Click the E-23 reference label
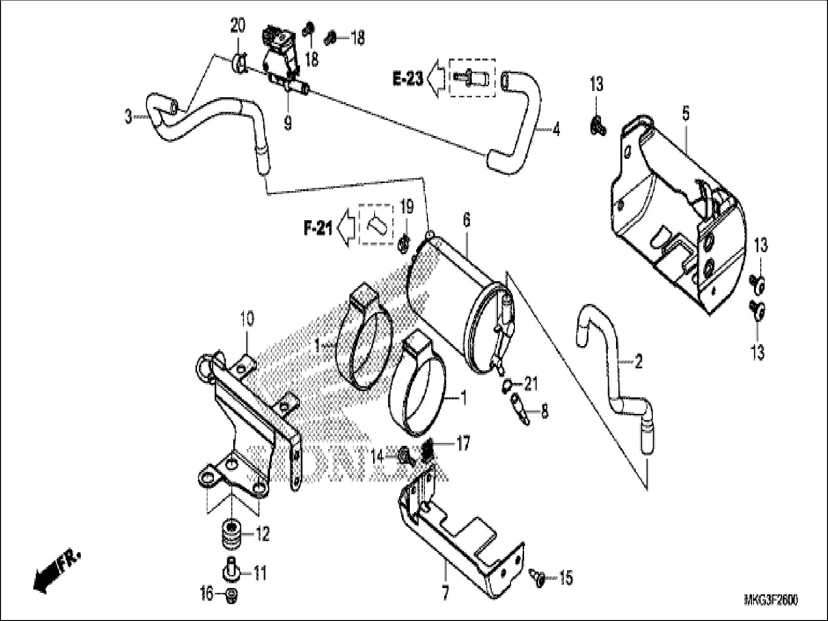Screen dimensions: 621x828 tap(408, 79)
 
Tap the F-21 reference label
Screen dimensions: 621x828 tap(318, 228)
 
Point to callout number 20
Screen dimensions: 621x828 tap(238, 26)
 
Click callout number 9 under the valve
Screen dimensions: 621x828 tap(288, 124)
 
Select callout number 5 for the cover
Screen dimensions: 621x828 tap(685, 115)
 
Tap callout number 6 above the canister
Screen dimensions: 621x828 tap(466, 220)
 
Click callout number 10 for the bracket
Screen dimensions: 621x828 tap(247, 320)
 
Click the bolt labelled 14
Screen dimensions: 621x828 tap(405, 456)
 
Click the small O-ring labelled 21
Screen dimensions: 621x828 tap(506, 385)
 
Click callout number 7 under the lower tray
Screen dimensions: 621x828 tap(445, 593)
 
